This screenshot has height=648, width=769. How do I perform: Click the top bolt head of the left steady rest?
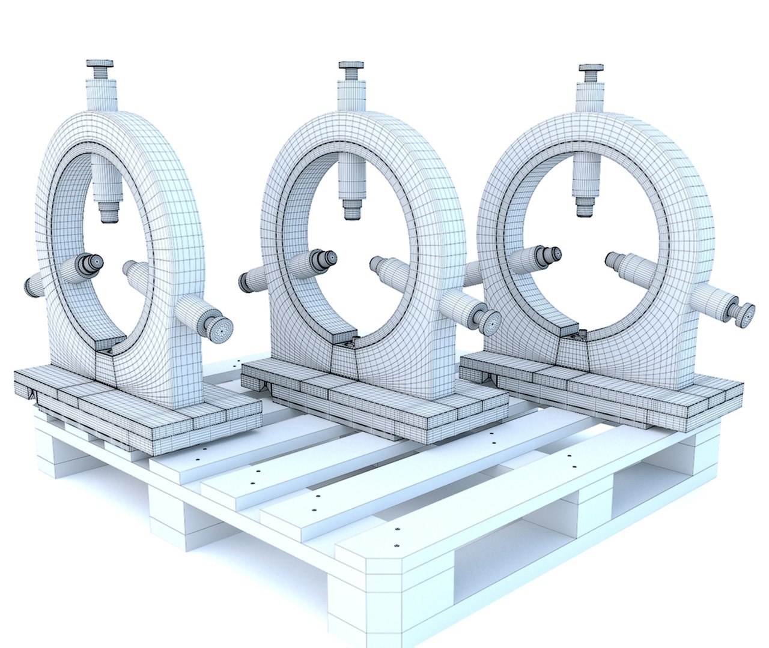point(100,64)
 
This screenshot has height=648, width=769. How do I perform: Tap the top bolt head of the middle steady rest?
point(351,65)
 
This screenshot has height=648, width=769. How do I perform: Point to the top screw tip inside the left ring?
point(108,212)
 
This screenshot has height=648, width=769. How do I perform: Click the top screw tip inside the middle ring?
point(352,209)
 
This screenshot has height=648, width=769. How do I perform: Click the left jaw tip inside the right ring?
point(554,253)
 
